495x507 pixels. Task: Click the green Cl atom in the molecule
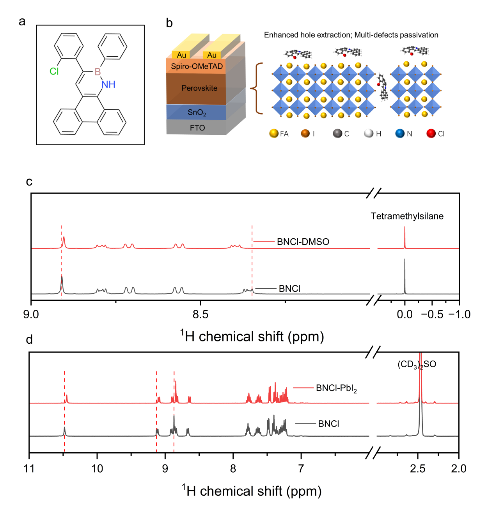click(x=54, y=71)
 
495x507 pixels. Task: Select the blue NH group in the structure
click(x=108, y=84)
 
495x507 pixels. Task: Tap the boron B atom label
click(x=98, y=71)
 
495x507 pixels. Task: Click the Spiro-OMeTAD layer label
click(x=197, y=66)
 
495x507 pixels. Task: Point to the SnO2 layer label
click(x=197, y=112)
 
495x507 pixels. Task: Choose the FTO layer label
click(x=197, y=128)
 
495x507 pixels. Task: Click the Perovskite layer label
click(x=199, y=88)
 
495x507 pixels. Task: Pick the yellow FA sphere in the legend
click(x=274, y=134)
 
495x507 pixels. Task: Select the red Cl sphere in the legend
click(x=431, y=134)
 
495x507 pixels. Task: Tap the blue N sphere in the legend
click(x=400, y=134)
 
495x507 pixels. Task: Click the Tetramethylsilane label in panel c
click(x=407, y=216)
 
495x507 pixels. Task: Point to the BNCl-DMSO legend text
click(x=303, y=242)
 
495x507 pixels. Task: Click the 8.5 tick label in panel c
click(x=200, y=314)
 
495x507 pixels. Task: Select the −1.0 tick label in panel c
click(x=459, y=314)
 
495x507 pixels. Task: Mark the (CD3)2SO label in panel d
click(x=417, y=364)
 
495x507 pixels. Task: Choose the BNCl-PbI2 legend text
click(x=336, y=388)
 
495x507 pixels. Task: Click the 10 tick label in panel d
click(x=97, y=468)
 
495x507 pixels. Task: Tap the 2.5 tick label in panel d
click(x=418, y=468)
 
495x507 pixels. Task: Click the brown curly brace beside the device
click(x=256, y=89)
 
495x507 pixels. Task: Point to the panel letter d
click(x=29, y=339)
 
